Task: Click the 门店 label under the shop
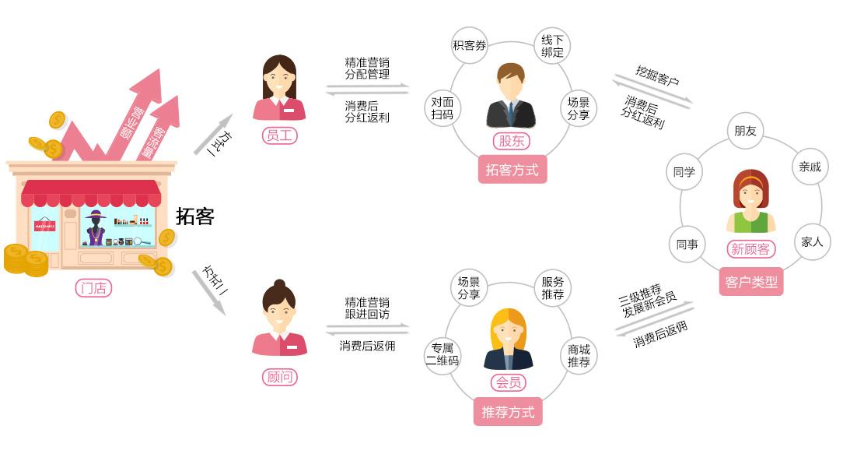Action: coord(93,288)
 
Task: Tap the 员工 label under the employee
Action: coord(279,135)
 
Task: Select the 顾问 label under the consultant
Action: coord(279,377)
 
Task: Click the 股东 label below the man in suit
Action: coord(511,141)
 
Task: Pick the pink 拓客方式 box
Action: coord(512,170)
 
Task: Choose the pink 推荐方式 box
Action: coord(508,412)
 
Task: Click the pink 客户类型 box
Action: coord(751,282)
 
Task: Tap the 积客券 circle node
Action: coord(470,45)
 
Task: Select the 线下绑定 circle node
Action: coord(552,46)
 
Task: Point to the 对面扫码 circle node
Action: coord(442,107)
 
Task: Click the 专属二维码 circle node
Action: coord(442,355)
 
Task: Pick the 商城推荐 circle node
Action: coord(579,355)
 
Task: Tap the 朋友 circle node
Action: coord(745,131)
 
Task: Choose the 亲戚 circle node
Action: coord(810,167)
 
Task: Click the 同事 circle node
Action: coord(687,245)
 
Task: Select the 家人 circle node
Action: coord(813,242)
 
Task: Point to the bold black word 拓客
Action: coord(195,216)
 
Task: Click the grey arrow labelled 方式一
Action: coord(213,134)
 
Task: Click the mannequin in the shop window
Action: coord(96,228)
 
